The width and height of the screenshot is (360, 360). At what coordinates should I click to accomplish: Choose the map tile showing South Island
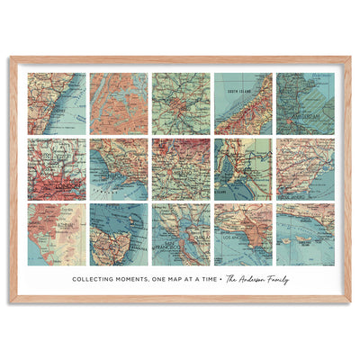(x=243, y=103)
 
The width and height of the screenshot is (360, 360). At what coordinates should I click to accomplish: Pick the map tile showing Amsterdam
(x=305, y=103)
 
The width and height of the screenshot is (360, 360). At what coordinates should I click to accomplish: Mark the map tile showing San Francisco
(x=181, y=234)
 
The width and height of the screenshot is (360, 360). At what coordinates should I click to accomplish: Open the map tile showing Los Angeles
(x=243, y=234)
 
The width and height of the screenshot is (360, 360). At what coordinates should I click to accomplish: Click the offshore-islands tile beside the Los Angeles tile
(x=305, y=234)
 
